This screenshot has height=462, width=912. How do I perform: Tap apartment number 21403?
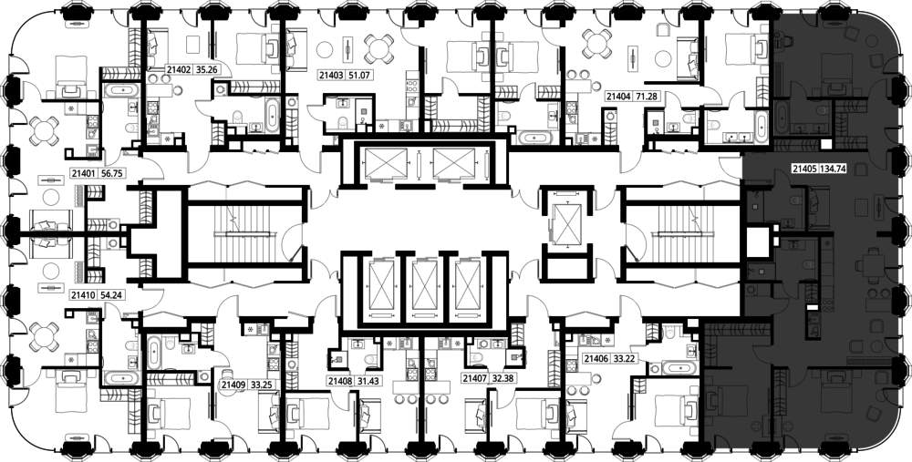point(331,75)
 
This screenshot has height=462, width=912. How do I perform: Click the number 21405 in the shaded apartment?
point(804,169)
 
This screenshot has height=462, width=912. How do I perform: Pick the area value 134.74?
point(834,169)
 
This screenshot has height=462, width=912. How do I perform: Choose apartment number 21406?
point(596,358)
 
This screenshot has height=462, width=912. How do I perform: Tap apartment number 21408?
point(339,381)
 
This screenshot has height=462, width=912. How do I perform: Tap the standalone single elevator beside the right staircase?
point(566,224)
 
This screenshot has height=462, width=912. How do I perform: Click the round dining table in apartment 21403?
point(378,49)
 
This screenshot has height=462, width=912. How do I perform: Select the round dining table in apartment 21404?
point(597,43)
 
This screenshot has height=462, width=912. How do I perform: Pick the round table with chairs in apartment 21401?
point(44,130)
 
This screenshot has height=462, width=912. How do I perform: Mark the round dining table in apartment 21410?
point(44,336)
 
